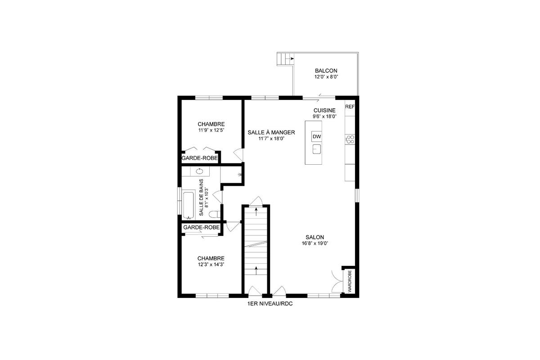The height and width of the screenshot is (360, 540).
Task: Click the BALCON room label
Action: click(326, 71)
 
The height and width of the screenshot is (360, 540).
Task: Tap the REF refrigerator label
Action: click(350, 107)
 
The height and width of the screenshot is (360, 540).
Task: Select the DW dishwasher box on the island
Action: click(316, 136)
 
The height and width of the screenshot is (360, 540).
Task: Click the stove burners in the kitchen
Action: click(350, 139)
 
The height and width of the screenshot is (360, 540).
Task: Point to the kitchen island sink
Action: click(316, 149)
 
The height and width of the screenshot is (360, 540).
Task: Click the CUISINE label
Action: click(324, 110)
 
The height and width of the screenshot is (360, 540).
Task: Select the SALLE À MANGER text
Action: click(271, 132)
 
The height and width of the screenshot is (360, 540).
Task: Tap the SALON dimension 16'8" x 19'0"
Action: click(315, 243)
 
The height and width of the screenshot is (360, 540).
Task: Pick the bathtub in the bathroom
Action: click(188, 204)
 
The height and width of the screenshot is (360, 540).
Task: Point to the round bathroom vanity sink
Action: click(199, 171)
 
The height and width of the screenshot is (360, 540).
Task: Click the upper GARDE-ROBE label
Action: click(200, 158)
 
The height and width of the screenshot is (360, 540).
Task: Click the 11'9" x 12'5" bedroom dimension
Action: click(211, 130)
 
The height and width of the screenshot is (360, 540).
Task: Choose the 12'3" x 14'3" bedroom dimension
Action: click(211, 265)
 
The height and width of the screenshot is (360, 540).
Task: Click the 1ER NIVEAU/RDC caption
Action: click(270, 304)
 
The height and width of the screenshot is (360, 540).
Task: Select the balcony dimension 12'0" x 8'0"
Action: click(326, 77)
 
